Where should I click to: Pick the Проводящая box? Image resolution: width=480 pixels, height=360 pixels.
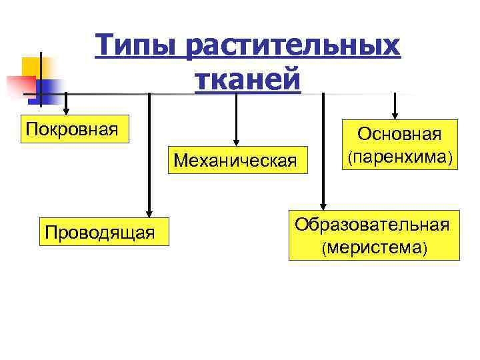[x=100, y=231]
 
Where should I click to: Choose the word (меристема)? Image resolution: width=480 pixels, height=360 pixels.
[x=373, y=249]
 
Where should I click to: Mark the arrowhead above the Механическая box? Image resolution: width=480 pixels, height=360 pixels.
[x=235, y=138]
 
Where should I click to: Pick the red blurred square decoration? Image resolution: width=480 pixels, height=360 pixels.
[x=20, y=85]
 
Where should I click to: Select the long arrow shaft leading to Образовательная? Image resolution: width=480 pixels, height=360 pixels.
[x=323, y=147]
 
